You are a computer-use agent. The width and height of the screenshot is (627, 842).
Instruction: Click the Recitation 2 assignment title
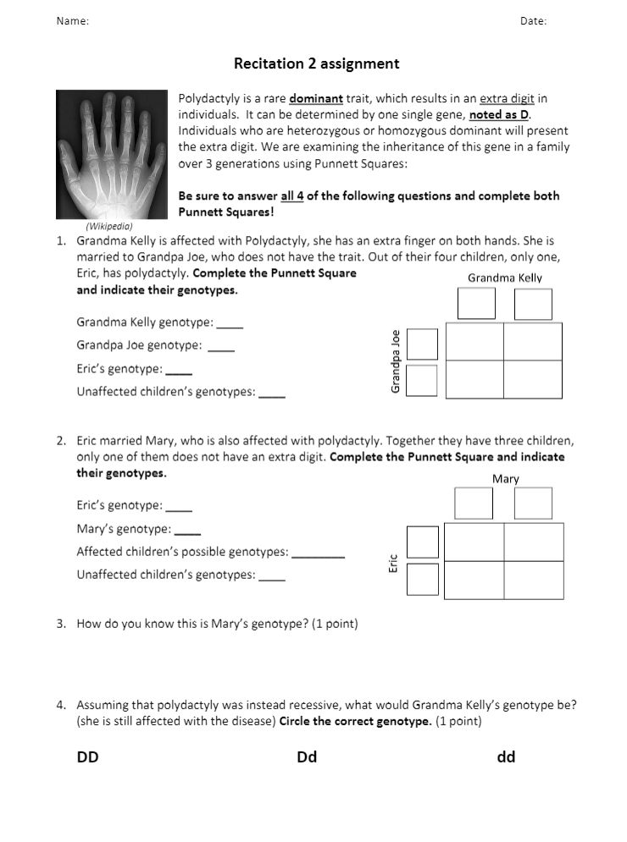click(316, 63)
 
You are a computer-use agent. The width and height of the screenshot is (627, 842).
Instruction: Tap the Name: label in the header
click(73, 21)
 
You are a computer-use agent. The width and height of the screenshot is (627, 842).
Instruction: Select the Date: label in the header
click(533, 21)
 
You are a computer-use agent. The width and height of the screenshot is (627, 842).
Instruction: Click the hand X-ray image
click(112, 154)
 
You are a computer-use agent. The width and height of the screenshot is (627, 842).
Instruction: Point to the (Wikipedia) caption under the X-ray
click(109, 226)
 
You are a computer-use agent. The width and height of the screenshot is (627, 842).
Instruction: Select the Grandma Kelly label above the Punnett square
click(505, 278)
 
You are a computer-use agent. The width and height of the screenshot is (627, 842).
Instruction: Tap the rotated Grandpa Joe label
click(395, 360)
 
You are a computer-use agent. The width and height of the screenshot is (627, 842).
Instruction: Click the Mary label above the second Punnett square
click(505, 479)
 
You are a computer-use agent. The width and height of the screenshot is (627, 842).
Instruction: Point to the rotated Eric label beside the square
click(393, 564)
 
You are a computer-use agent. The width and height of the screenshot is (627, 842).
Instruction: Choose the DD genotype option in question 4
click(87, 757)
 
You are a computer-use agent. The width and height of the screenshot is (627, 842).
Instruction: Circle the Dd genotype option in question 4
click(307, 757)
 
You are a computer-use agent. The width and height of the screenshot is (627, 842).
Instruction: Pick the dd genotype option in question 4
click(506, 757)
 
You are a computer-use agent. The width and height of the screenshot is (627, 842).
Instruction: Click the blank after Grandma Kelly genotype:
click(230, 323)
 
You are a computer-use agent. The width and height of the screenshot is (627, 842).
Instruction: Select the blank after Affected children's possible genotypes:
click(318, 553)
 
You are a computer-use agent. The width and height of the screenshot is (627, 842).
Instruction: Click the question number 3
click(61, 625)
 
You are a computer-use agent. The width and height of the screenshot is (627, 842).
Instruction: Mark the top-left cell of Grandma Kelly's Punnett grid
click(474, 341)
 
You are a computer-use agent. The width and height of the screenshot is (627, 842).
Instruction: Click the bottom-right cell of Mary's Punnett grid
click(534, 580)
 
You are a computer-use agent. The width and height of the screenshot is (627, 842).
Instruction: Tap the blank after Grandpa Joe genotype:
click(221, 346)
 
